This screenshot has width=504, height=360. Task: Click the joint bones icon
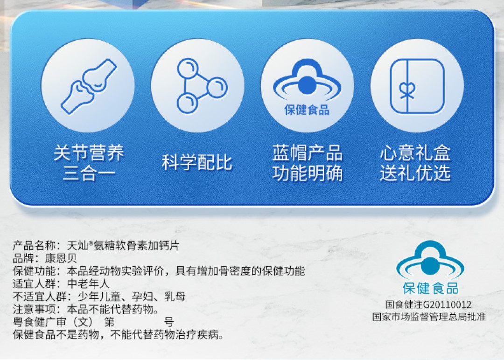pos(88,86)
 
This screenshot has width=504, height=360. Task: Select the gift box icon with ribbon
pos(417,86)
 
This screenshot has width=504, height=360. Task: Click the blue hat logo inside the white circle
pos(307,79)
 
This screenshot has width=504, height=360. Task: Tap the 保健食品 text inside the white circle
pos(307,110)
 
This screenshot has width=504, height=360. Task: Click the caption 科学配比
pos(197,162)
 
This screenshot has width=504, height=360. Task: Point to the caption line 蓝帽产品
pos(307,152)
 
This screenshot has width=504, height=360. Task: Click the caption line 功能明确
pos(307,173)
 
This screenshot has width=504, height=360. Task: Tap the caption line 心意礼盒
pos(415,152)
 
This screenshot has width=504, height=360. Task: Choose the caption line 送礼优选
pos(415,173)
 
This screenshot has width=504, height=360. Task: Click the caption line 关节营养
pos(89,152)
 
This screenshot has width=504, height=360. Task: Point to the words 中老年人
pos(88,284)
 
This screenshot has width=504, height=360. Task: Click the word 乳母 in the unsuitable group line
pos(175,296)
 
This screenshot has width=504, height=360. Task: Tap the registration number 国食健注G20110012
pos(428,305)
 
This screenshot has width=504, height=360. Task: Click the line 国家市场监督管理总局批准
pos(429,317)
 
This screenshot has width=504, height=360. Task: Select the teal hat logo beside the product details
pos(430,260)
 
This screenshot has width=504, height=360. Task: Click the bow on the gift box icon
pos(406,90)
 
